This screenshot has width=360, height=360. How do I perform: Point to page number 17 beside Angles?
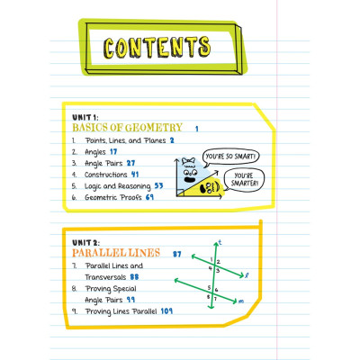pos(113,152)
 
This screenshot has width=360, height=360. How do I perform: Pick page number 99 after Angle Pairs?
pos(130,300)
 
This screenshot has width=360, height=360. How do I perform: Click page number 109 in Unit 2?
pos(167,311)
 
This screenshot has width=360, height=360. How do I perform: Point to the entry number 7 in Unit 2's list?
pos(73,267)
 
